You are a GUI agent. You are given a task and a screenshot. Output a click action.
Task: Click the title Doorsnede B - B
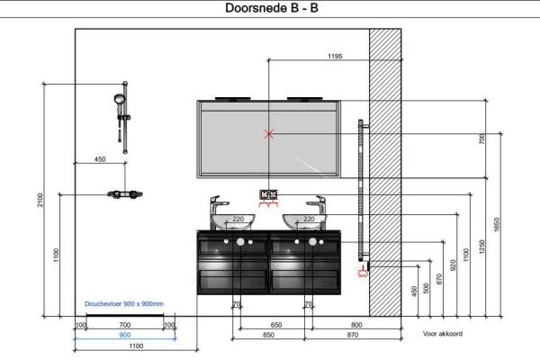[x=270, y=8]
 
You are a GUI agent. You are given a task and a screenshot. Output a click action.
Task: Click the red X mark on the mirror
[x=268, y=135]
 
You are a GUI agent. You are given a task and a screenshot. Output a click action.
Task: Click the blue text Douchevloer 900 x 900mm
[x=124, y=304]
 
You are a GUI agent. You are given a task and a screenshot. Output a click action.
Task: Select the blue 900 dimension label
[x=124, y=335]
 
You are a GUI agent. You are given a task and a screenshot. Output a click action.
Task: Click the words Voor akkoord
[x=442, y=333]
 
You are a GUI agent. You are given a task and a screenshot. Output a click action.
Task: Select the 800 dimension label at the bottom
[x=356, y=324]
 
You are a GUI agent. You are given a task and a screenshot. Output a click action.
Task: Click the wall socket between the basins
[x=269, y=194]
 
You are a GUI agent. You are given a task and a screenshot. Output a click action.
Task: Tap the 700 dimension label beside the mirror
[x=481, y=139]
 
